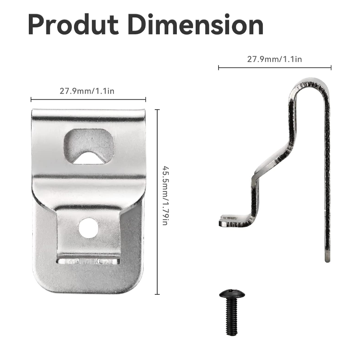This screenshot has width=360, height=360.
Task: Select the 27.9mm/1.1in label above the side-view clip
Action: (x=274, y=59)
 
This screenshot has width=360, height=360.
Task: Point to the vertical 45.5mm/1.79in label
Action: (x=165, y=196)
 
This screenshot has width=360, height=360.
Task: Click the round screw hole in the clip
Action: (x=88, y=228)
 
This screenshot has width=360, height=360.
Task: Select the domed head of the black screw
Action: (x=232, y=295)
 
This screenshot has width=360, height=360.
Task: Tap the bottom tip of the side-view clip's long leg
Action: (x=327, y=258)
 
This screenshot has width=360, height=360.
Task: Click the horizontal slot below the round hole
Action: (x=88, y=261)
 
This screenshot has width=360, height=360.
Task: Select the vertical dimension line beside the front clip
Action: (x=157, y=202)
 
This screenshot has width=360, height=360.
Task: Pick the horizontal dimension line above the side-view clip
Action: (x=274, y=68)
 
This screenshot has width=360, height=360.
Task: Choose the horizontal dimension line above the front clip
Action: (x=88, y=99)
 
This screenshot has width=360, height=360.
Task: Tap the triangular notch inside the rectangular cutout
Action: (x=88, y=157)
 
